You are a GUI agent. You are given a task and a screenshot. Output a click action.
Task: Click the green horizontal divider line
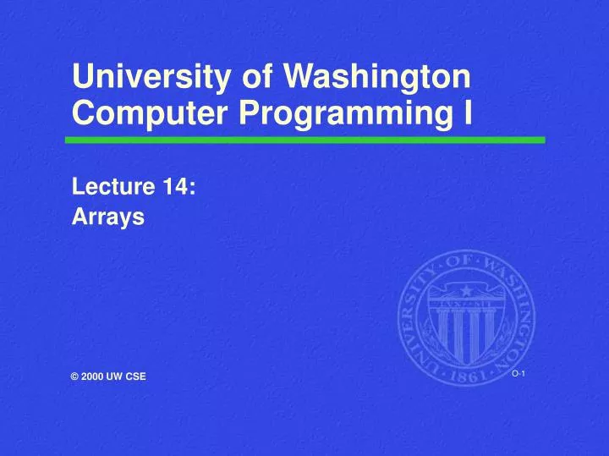coord(304,140)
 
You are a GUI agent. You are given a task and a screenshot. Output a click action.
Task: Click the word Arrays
coord(108,217)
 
